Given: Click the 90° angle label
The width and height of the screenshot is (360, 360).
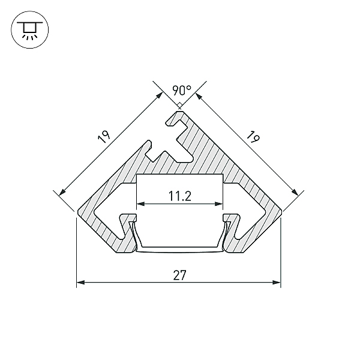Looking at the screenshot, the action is click(182, 91).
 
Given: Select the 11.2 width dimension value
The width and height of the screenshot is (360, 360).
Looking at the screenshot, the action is click(180, 196).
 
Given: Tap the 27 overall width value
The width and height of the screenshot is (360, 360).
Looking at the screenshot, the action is click(179, 275).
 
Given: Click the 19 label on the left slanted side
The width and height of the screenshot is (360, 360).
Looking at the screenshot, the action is click(104, 137).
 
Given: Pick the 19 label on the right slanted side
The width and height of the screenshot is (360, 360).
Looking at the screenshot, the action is click(253, 137).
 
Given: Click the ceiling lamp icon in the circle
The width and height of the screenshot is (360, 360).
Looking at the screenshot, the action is click(30, 29).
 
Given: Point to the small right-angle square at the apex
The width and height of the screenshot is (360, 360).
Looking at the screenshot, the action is click(180, 105).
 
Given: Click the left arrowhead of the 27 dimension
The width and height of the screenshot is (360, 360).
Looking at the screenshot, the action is click(80, 282).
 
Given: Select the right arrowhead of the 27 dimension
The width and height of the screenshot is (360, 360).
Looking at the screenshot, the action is click(277, 282).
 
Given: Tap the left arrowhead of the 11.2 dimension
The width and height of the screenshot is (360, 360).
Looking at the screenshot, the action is click(141, 203).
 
